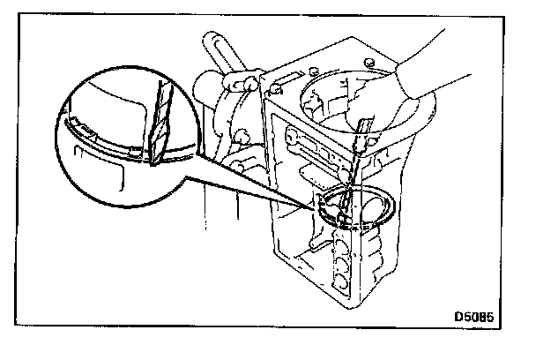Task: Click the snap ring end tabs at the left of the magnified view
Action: point(86,132)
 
